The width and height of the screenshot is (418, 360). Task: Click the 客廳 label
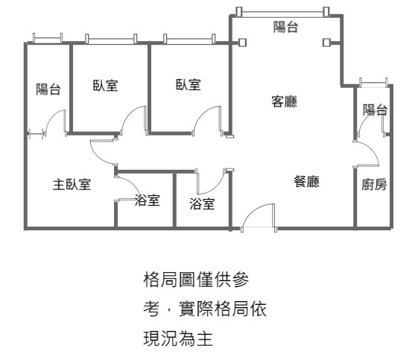pos(284,101)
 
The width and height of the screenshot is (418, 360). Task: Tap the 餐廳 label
pos(306,182)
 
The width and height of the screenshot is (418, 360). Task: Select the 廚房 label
pos(374,184)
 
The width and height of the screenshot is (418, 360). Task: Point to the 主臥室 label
pos(72,185)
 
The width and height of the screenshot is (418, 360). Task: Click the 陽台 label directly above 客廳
pos(285,27)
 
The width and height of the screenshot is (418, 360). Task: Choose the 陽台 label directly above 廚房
pos(375,110)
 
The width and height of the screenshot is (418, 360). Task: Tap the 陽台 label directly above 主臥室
pos(48,89)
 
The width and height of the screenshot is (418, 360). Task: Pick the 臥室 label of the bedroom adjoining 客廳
pos(189,84)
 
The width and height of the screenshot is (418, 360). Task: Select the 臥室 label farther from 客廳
pos(105,85)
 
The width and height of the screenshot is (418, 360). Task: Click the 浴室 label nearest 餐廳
pos(202,203)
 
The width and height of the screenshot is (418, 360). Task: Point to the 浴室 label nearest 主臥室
pos(147,200)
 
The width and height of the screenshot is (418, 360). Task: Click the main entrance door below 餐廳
pos(259,218)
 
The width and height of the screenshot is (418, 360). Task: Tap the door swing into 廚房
pos(366,154)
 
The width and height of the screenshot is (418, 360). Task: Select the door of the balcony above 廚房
pos(371,124)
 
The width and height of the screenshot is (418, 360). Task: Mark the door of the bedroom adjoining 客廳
pos(208,121)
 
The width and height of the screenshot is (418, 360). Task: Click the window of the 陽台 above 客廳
pos(282,12)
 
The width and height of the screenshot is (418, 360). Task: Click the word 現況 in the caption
pos(160,338)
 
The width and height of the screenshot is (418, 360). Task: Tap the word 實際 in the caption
pos(196,309)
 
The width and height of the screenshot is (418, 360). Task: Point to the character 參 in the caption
pos(241,280)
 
